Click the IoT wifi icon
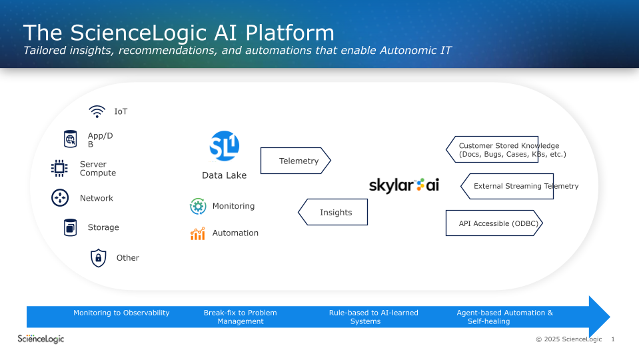point(97,111)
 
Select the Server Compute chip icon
point(59,169)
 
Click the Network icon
point(60,198)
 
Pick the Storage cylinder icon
point(70,227)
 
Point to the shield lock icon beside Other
point(99,257)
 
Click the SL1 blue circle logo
point(224,147)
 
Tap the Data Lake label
point(224,175)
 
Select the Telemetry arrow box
point(295,161)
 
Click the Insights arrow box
point(332,213)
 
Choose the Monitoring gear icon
point(198,207)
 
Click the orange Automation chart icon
point(198,233)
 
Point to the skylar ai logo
point(404,185)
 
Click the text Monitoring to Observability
point(121,313)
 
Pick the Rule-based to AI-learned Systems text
point(373,317)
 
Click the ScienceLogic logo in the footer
point(41,339)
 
